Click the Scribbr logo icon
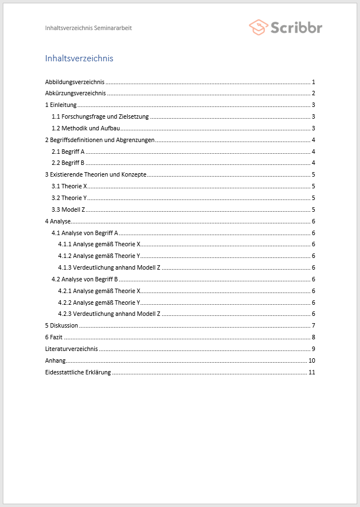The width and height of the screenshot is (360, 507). point(259,27)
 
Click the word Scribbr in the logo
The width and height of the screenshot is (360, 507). point(296,27)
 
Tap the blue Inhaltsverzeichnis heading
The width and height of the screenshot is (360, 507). point(79,58)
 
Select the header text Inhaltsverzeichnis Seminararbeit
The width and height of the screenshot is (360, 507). point(89,28)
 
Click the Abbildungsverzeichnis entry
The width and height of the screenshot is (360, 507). point(75,82)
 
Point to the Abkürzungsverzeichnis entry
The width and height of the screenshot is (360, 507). point(75,94)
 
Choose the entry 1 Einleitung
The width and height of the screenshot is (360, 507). point(61,105)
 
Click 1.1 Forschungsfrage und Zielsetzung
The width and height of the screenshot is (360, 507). point(100,117)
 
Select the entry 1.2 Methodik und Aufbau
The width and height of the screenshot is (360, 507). point(85,129)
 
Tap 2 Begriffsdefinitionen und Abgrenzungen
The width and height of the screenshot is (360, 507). point(100,140)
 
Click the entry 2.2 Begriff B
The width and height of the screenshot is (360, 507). point(68,163)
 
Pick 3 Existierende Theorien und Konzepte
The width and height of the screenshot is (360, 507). point(96,174)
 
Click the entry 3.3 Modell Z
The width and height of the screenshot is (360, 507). point(68,209)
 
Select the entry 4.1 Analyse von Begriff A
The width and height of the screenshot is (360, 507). point(85,233)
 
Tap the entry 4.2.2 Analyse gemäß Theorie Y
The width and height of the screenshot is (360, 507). point(99,303)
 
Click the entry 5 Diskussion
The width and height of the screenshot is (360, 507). point(61,325)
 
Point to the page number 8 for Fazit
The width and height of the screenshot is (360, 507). point(314,337)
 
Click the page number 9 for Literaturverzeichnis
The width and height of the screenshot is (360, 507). point(314,349)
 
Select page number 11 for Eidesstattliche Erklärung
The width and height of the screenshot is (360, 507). point(312,372)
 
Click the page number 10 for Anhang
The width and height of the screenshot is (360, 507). point(312,360)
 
